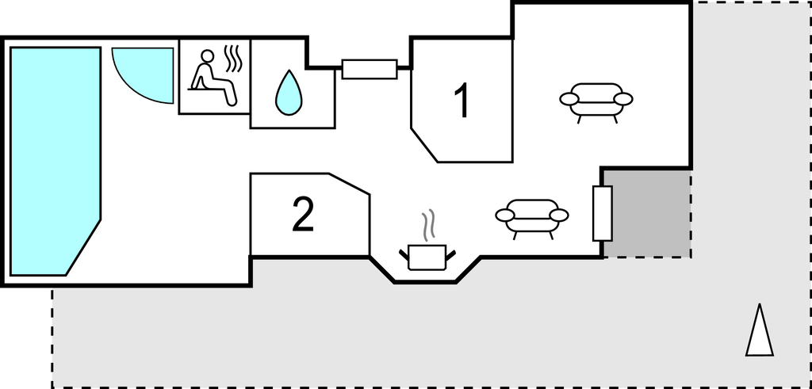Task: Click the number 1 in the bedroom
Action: pyautogui.click(x=462, y=100)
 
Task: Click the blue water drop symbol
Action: pyautogui.click(x=289, y=93)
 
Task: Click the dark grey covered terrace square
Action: pyautogui.click(x=647, y=214)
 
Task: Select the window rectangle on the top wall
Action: pyautogui.click(x=370, y=69)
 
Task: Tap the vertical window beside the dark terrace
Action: pyautogui.click(x=603, y=213)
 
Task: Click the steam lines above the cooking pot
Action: pyautogui.click(x=427, y=226)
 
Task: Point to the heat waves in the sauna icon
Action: pyautogui.click(x=234, y=59)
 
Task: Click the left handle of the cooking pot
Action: pyautogui.click(x=404, y=254)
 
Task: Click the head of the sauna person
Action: pyautogui.click(x=207, y=56)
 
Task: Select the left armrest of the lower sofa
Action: pyautogui.click(x=506, y=215)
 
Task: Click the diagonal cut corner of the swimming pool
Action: pyautogui.click(x=83, y=248)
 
